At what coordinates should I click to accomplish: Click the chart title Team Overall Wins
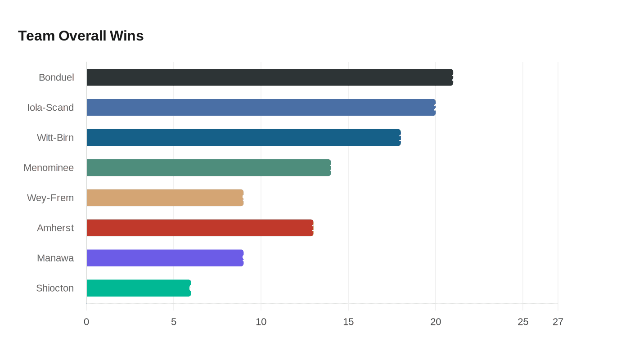(81, 36)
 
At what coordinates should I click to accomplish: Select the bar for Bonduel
(270, 77)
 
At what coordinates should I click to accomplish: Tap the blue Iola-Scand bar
(261, 108)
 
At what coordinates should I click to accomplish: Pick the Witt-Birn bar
(243, 138)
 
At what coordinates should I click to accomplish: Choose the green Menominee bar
(209, 168)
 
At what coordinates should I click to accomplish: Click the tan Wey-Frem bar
(165, 198)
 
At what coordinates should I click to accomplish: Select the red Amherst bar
(200, 228)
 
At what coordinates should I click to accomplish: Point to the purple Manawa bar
(165, 258)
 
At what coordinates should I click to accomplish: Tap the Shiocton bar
(139, 288)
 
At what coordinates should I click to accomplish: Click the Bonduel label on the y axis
(56, 77)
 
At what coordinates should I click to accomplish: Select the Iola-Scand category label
(50, 108)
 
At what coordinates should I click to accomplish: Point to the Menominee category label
(49, 168)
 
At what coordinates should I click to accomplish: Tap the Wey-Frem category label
(50, 198)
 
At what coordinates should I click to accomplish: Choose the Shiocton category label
(55, 288)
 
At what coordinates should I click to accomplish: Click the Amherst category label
(55, 228)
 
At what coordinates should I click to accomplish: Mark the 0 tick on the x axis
(86, 322)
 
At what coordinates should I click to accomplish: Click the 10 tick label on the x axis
(261, 322)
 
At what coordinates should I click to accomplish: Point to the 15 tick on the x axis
(348, 322)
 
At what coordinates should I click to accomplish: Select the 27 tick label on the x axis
(558, 322)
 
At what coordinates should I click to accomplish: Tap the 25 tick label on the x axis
(523, 322)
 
